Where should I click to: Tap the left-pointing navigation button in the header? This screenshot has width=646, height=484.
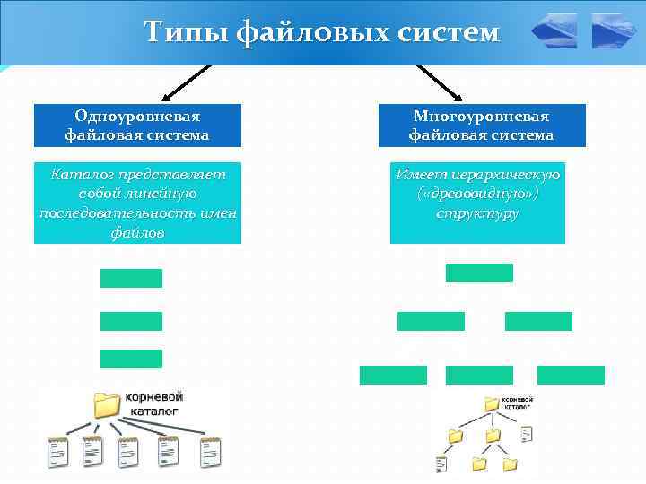(x=554, y=31)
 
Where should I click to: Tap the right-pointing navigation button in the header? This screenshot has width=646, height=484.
(x=614, y=31)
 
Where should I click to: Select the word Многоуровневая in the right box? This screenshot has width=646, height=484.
(x=481, y=117)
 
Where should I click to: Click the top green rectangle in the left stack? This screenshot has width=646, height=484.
(x=131, y=278)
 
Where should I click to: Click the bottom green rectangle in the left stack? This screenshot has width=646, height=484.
(x=131, y=359)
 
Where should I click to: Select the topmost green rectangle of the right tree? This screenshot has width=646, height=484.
(x=479, y=272)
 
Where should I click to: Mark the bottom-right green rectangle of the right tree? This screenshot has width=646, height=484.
(x=571, y=375)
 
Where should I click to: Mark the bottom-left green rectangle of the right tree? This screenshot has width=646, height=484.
(x=393, y=375)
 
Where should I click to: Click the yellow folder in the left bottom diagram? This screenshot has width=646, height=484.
(x=109, y=404)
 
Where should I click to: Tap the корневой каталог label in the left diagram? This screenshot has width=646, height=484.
(x=153, y=402)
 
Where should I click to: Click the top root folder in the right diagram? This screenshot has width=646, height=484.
(x=492, y=403)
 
